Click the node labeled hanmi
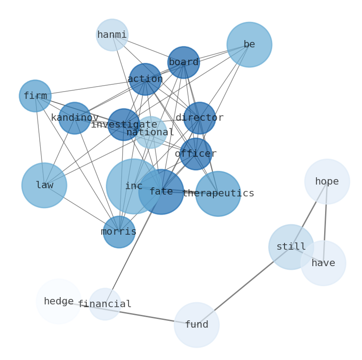point(112,35)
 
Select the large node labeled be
point(249,45)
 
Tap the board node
point(183,62)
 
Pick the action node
point(145,79)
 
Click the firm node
point(35,96)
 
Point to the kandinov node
point(75,118)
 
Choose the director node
point(199,118)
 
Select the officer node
point(196,154)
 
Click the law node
point(44,185)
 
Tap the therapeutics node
point(218,194)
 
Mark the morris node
point(119,232)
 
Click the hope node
point(327,182)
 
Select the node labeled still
point(291,247)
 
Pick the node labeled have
point(323,263)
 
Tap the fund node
point(197,325)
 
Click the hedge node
point(58,302)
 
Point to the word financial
point(105,304)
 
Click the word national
point(150,133)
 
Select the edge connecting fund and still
point(244,286)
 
